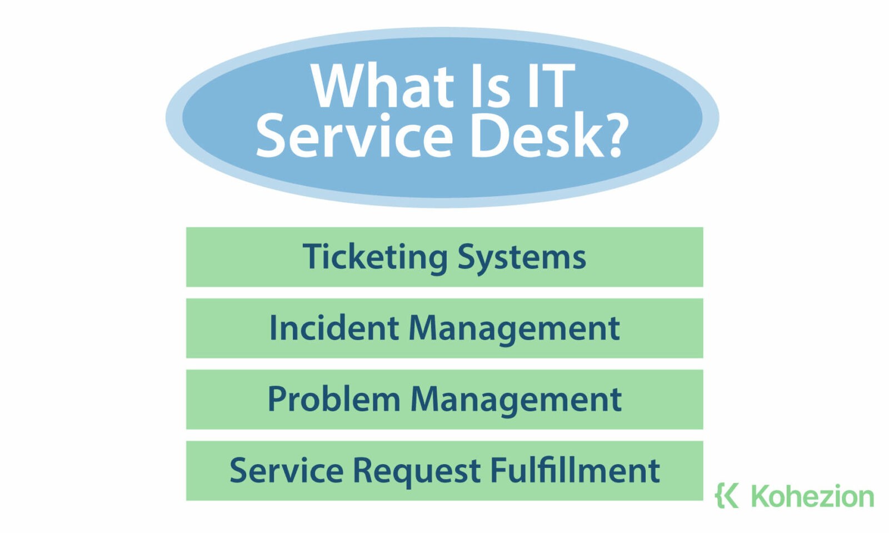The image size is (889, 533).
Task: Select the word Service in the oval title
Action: point(354,135)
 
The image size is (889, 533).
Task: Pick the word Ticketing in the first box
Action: point(375,257)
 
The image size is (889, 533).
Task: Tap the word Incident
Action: point(333,328)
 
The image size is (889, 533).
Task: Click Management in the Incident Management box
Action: point(514,328)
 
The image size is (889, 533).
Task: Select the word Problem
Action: point(333,399)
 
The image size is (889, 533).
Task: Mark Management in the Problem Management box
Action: point(516,399)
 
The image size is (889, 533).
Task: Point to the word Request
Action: point(417,470)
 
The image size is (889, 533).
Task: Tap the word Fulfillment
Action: point(575,470)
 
